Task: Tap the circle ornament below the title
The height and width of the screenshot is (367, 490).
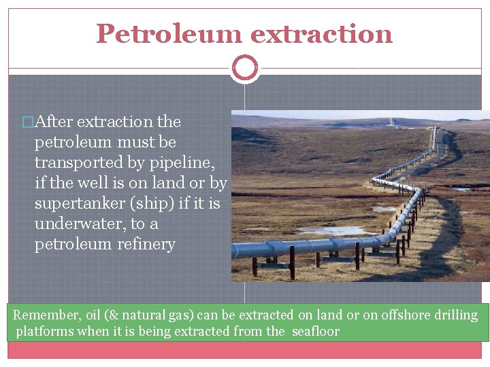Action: pos(244,68)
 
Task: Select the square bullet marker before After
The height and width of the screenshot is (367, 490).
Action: pos(27,122)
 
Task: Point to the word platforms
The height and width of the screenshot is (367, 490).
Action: pos(42,332)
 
